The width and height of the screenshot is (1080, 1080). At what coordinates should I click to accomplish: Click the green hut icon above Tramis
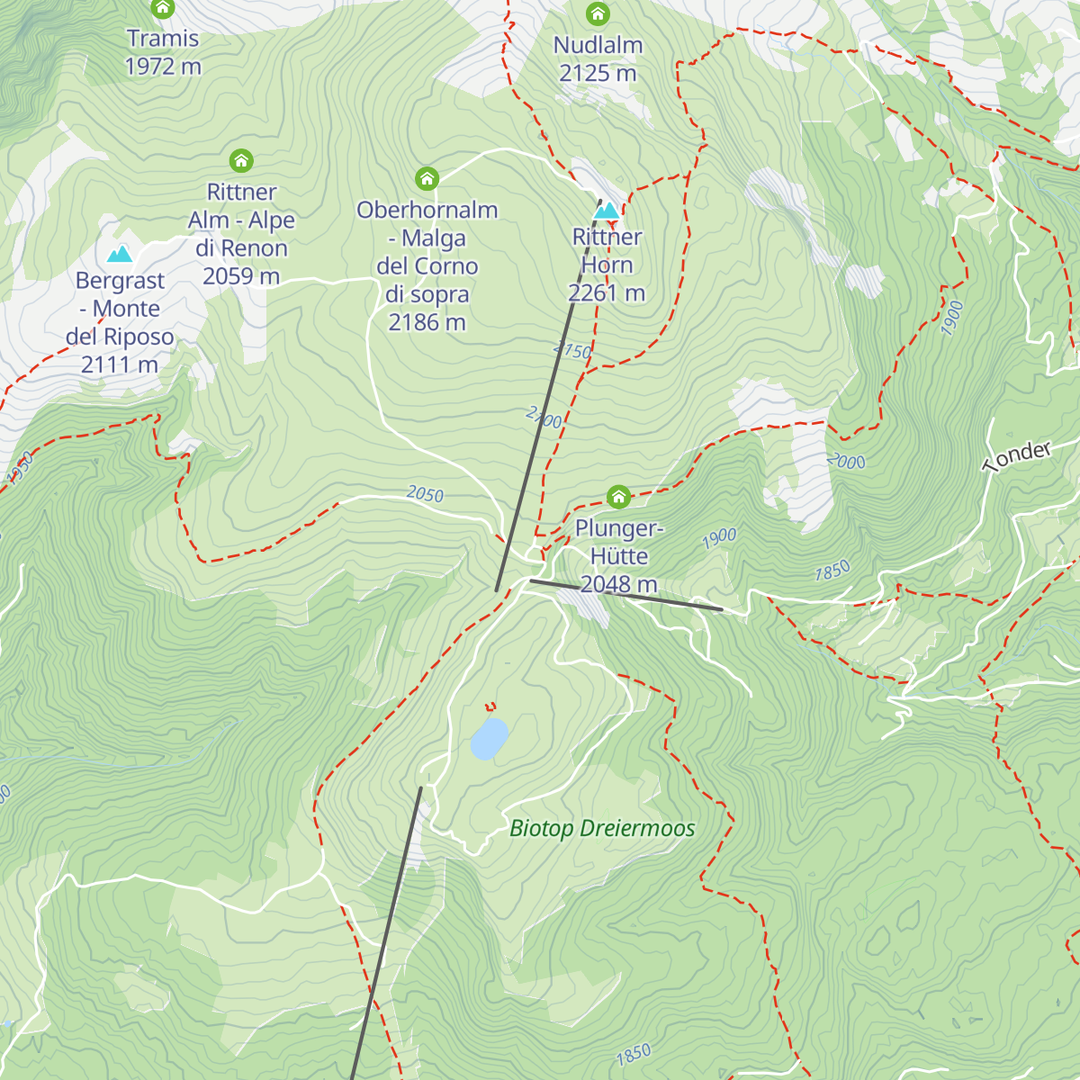162,9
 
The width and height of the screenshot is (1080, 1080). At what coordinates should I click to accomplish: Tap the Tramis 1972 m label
163,52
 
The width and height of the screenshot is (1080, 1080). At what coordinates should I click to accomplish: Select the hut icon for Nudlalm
598,14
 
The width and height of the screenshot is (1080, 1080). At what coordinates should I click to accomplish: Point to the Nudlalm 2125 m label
598,59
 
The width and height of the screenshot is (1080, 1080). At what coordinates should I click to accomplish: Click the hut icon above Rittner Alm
241,161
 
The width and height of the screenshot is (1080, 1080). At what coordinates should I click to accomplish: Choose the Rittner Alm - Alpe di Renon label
241,234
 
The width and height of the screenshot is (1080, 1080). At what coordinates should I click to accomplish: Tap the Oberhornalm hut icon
427,178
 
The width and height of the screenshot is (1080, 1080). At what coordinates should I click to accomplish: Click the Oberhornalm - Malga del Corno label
427,265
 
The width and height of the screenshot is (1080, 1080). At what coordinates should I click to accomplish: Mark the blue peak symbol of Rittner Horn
607,211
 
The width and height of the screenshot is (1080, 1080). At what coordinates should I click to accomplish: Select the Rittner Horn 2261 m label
607,265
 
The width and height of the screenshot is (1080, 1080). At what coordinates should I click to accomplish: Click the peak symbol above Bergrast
120,255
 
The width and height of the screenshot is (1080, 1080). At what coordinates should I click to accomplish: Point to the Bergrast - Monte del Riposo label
120,322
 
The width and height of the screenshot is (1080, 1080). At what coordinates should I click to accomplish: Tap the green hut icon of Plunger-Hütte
618,497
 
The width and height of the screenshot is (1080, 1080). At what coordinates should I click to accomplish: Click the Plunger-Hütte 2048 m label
619,556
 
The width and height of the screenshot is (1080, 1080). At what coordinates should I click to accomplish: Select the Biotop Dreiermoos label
602,828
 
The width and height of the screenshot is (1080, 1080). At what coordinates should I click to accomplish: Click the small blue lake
489,738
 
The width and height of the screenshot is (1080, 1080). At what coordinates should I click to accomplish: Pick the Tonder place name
1017,457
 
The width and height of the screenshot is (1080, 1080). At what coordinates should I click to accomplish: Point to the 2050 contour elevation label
425,494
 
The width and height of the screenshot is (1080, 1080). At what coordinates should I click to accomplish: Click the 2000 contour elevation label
846,462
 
